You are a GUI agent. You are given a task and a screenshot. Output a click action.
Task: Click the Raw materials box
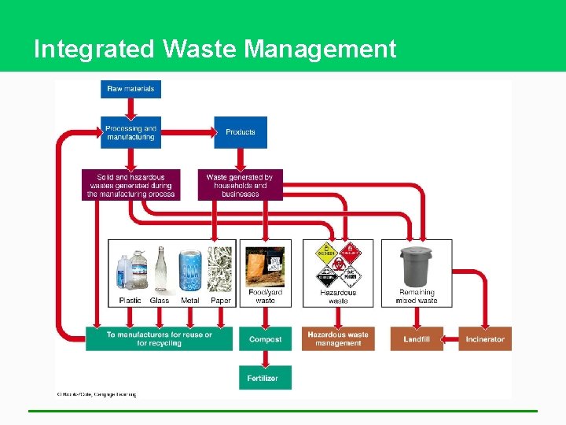[130, 89]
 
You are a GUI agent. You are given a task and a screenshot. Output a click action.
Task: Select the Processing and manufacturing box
[130, 132]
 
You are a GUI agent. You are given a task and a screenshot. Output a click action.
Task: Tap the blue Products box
[241, 132]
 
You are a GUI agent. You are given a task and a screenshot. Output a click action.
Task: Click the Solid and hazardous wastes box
[130, 185]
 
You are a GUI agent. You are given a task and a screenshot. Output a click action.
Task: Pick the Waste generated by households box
[240, 185]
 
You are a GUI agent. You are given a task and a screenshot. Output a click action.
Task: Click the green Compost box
[265, 339]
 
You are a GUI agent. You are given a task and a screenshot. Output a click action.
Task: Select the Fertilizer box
[265, 378]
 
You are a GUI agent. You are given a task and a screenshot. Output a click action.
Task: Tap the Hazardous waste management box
[338, 339]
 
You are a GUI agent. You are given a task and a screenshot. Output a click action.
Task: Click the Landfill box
[416, 339]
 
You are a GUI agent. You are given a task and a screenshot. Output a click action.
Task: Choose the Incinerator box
[484, 339]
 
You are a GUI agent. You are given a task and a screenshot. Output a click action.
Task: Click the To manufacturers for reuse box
[159, 339]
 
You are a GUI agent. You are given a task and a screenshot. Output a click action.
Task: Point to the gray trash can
[417, 268]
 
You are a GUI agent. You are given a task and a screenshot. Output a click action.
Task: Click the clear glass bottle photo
[160, 269]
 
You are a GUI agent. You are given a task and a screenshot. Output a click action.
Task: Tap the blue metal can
[190, 272]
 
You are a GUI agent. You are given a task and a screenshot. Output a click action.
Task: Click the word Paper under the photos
[221, 301]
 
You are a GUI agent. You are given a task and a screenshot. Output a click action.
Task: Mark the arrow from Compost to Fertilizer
[265, 359]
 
